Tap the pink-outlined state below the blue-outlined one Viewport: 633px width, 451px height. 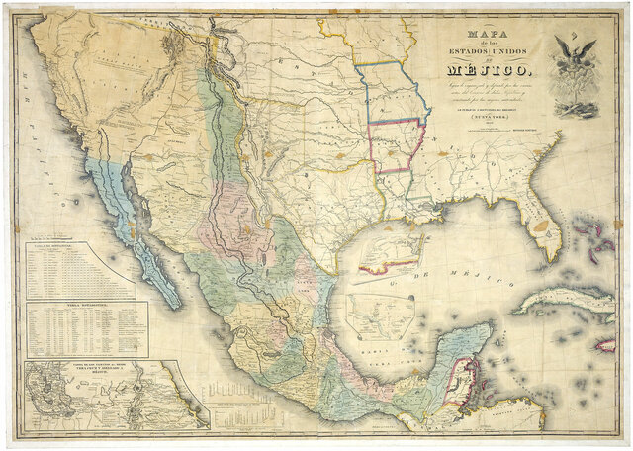pyautogui.click(x=395, y=146)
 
